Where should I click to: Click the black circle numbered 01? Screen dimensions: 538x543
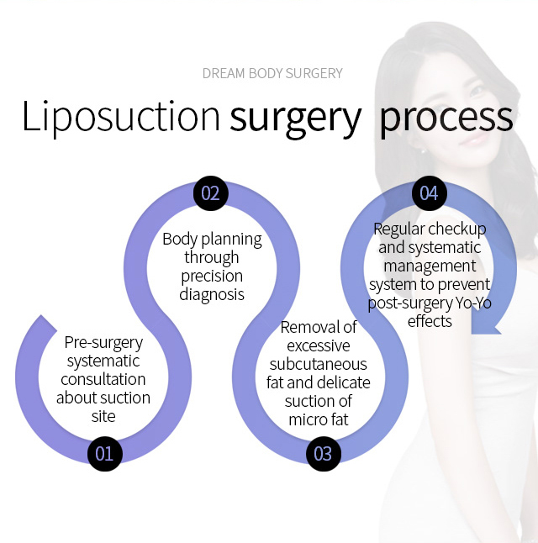[104, 454]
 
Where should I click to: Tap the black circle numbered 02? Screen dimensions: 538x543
[211, 193]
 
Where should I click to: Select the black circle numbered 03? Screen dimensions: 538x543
[324, 454]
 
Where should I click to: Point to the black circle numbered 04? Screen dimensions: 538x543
[430, 193]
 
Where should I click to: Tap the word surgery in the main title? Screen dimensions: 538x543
[296, 119]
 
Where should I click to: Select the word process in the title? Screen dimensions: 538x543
[446, 119]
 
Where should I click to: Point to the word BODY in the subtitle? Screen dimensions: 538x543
[266, 73]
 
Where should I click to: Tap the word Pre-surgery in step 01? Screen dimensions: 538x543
[103, 344]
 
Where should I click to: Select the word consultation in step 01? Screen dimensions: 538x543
[103, 379]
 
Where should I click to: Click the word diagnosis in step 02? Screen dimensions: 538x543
[212, 295]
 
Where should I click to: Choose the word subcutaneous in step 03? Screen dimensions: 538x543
[318, 364]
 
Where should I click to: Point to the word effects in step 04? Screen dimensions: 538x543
[430, 321]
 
